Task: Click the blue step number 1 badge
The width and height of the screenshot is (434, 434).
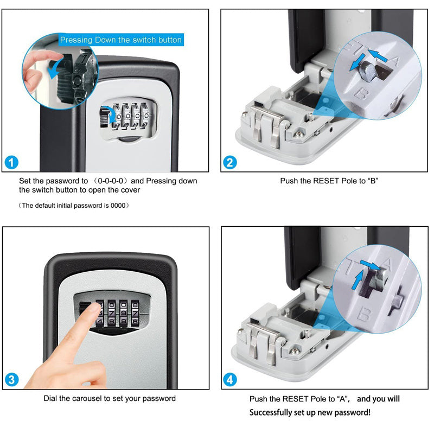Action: (11, 162)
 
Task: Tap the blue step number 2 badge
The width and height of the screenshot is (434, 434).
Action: (230, 162)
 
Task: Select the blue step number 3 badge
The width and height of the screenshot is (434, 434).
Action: (11, 380)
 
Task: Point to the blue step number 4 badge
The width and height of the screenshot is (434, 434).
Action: (230, 380)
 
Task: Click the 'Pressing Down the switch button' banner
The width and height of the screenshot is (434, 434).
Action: (121, 40)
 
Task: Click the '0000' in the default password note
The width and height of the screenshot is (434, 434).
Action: (118, 206)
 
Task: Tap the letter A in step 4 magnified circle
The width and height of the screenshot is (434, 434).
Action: (387, 264)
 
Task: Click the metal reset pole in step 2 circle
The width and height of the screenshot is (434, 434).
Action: (368, 71)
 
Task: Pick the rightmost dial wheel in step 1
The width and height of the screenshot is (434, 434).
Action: (144, 116)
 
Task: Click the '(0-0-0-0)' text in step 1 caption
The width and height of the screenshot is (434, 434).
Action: (110, 181)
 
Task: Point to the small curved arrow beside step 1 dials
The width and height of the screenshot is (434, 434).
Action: (111, 116)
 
